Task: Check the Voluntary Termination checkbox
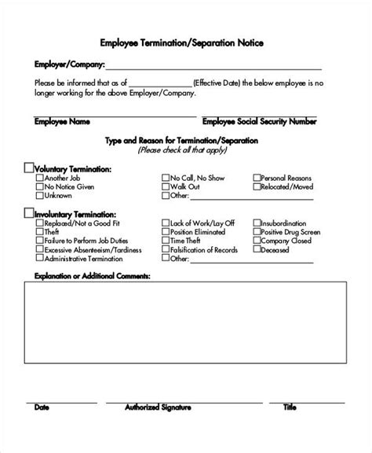pos(29,168)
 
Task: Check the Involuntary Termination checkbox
pos(29,212)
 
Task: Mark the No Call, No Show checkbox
pos(166,178)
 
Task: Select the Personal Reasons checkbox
pos(257,178)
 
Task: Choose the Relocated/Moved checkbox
pos(257,187)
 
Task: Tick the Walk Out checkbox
pos(166,187)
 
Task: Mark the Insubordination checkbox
pos(257,223)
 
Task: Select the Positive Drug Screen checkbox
pos(257,232)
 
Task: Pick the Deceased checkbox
pos(257,250)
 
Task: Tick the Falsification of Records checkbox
pos(166,250)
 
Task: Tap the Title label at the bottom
pos(290,430)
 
